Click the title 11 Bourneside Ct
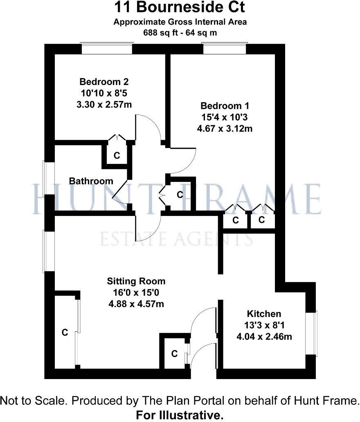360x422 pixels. [x=180, y=8]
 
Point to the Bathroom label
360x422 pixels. [x=91, y=181]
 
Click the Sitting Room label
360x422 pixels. [x=136, y=281]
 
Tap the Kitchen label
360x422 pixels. [x=264, y=314]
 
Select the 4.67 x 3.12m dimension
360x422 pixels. [x=224, y=129]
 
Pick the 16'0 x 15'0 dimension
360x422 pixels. [x=136, y=293]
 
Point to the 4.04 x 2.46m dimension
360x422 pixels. [x=266, y=337]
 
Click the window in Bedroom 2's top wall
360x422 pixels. [x=107, y=49]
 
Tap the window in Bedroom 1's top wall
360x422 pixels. [x=224, y=49]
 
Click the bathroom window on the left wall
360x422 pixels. [x=49, y=177]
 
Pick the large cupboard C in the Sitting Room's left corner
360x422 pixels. [x=65, y=332]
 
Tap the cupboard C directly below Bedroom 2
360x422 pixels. [x=117, y=155]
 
